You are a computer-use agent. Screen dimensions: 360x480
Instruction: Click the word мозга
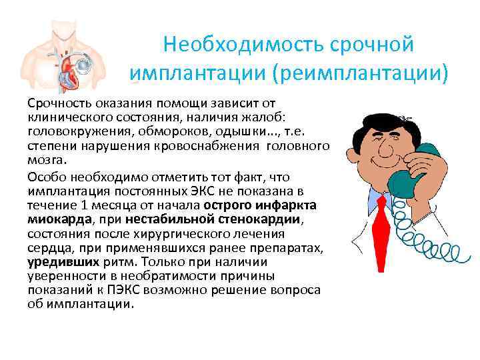43,161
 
